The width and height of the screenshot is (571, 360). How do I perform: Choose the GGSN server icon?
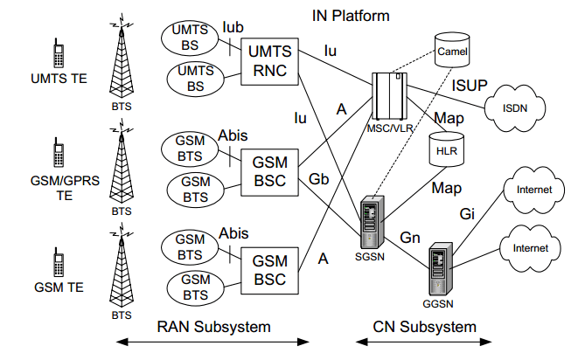(438, 269)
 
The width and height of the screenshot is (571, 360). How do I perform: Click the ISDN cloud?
(514, 108)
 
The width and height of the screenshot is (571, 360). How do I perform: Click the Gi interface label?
(468, 213)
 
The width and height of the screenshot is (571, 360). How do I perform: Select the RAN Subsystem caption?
(213, 327)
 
